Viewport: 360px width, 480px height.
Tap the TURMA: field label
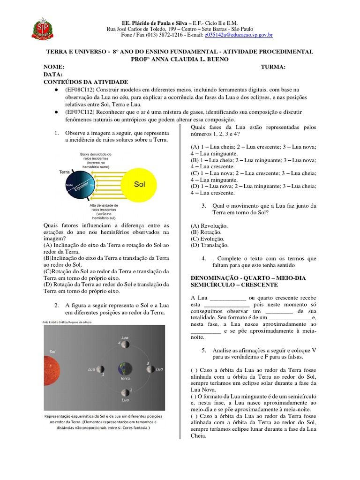point(273,67)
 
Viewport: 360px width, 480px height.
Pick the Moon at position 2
point(125,392)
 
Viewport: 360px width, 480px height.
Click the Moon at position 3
point(149,369)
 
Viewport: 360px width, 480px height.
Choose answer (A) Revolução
point(209,225)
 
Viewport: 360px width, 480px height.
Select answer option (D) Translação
point(210,245)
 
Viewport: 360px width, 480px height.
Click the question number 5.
point(204,350)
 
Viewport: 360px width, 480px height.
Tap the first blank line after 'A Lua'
point(227,298)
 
